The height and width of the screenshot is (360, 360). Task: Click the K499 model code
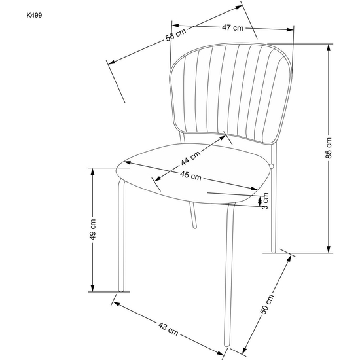coord(34,16)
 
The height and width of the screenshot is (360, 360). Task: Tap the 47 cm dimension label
coord(232,27)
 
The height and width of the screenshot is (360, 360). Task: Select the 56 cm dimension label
coord(175,35)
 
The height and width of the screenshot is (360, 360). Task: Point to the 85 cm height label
coord(329,148)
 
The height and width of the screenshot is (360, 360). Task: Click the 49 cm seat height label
coord(92,230)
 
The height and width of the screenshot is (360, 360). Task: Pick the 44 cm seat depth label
coord(190,158)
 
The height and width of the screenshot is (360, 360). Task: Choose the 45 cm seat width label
coord(190,175)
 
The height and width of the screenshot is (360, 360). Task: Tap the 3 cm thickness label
coord(265,201)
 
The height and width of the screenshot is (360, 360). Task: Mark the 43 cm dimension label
coord(168,329)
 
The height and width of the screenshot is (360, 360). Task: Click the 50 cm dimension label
coord(267,304)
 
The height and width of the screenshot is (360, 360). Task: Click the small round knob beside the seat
coord(272,166)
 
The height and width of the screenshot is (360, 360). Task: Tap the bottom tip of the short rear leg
coord(194,227)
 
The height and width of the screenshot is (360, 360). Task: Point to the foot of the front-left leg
coord(121,291)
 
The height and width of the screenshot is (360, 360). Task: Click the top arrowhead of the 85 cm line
coord(329,48)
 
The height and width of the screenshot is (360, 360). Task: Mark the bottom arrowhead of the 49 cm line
coord(92,288)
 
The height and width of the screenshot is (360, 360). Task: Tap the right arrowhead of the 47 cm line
coord(290,29)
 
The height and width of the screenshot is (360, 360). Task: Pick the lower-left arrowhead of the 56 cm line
coord(111,62)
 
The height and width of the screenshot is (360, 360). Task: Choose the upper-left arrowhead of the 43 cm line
coord(117,304)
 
